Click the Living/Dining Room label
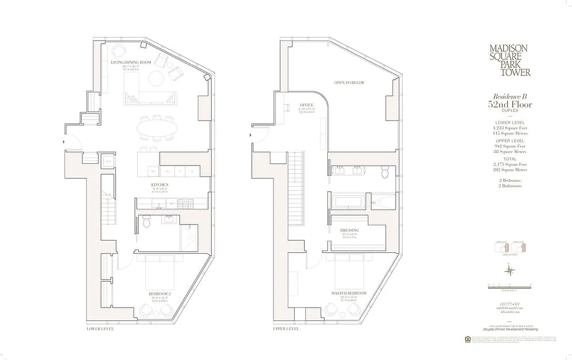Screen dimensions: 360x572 coord(131,63)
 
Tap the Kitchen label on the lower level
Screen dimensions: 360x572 coord(160,185)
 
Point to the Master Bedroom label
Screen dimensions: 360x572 coord(349,293)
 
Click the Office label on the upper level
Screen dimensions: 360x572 coord(306,105)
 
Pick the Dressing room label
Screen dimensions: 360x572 coord(350,230)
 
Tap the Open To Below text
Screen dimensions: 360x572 coord(349,83)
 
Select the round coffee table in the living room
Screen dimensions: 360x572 coord(157,77)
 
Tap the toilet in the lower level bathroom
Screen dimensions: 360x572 coord(146,222)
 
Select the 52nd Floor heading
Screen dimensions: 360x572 coord(510,105)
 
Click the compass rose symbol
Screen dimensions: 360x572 coord(510,270)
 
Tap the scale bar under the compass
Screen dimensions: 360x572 coord(510,285)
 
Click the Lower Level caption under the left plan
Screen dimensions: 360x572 coord(100,329)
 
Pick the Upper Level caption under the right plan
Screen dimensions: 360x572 coord(286,329)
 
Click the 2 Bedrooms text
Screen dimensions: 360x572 coord(510,180)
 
